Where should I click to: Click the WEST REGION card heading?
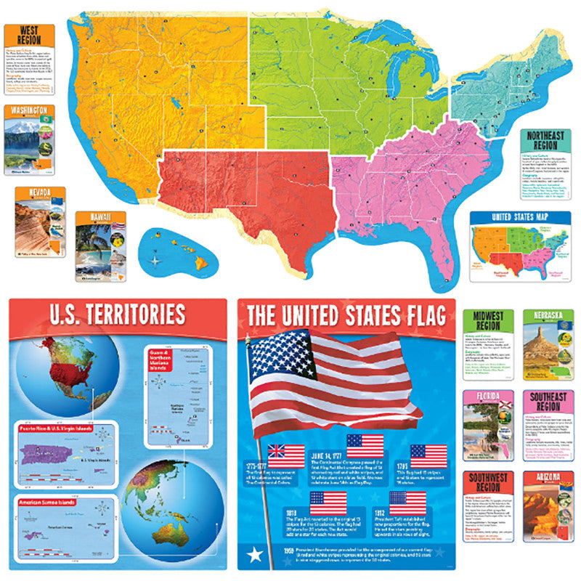[x=30, y=35]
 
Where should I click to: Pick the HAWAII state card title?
[x=102, y=216]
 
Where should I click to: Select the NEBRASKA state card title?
[x=548, y=317]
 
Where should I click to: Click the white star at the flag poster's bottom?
[x=256, y=556]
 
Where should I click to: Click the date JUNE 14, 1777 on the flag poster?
[x=333, y=455]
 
